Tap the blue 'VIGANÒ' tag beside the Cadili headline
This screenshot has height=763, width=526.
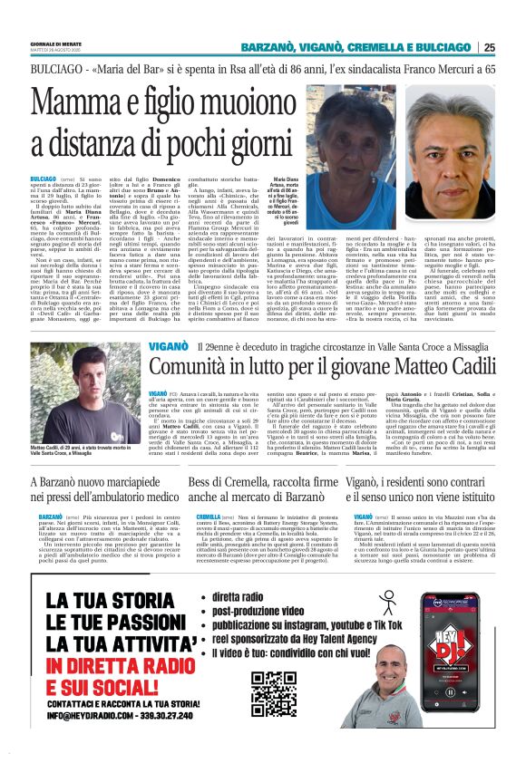170,346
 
